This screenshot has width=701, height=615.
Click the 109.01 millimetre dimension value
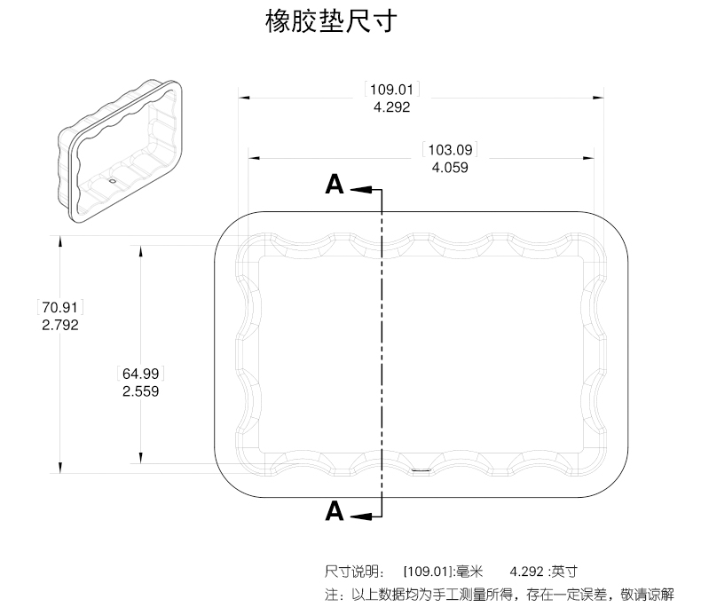pyautogui.click(x=391, y=89)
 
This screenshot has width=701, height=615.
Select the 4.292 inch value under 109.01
pyautogui.click(x=391, y=106)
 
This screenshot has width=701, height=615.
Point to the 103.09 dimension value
pyautogui.click(x=449, y=149)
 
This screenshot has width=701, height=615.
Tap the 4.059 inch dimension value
pyautogui.click(x=449, y=167)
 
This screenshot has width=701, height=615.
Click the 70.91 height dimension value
pyautogui.click(x=60, y=307)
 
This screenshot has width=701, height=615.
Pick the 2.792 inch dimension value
pyautogui.click(x=60, y=325)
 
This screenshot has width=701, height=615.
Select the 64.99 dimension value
pyautogui.click(x=140, y=373)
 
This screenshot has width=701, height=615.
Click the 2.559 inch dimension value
pyautogui.click(x=140, y=390)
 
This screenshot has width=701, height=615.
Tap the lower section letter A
pyautogui.click(x=334, y=511)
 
